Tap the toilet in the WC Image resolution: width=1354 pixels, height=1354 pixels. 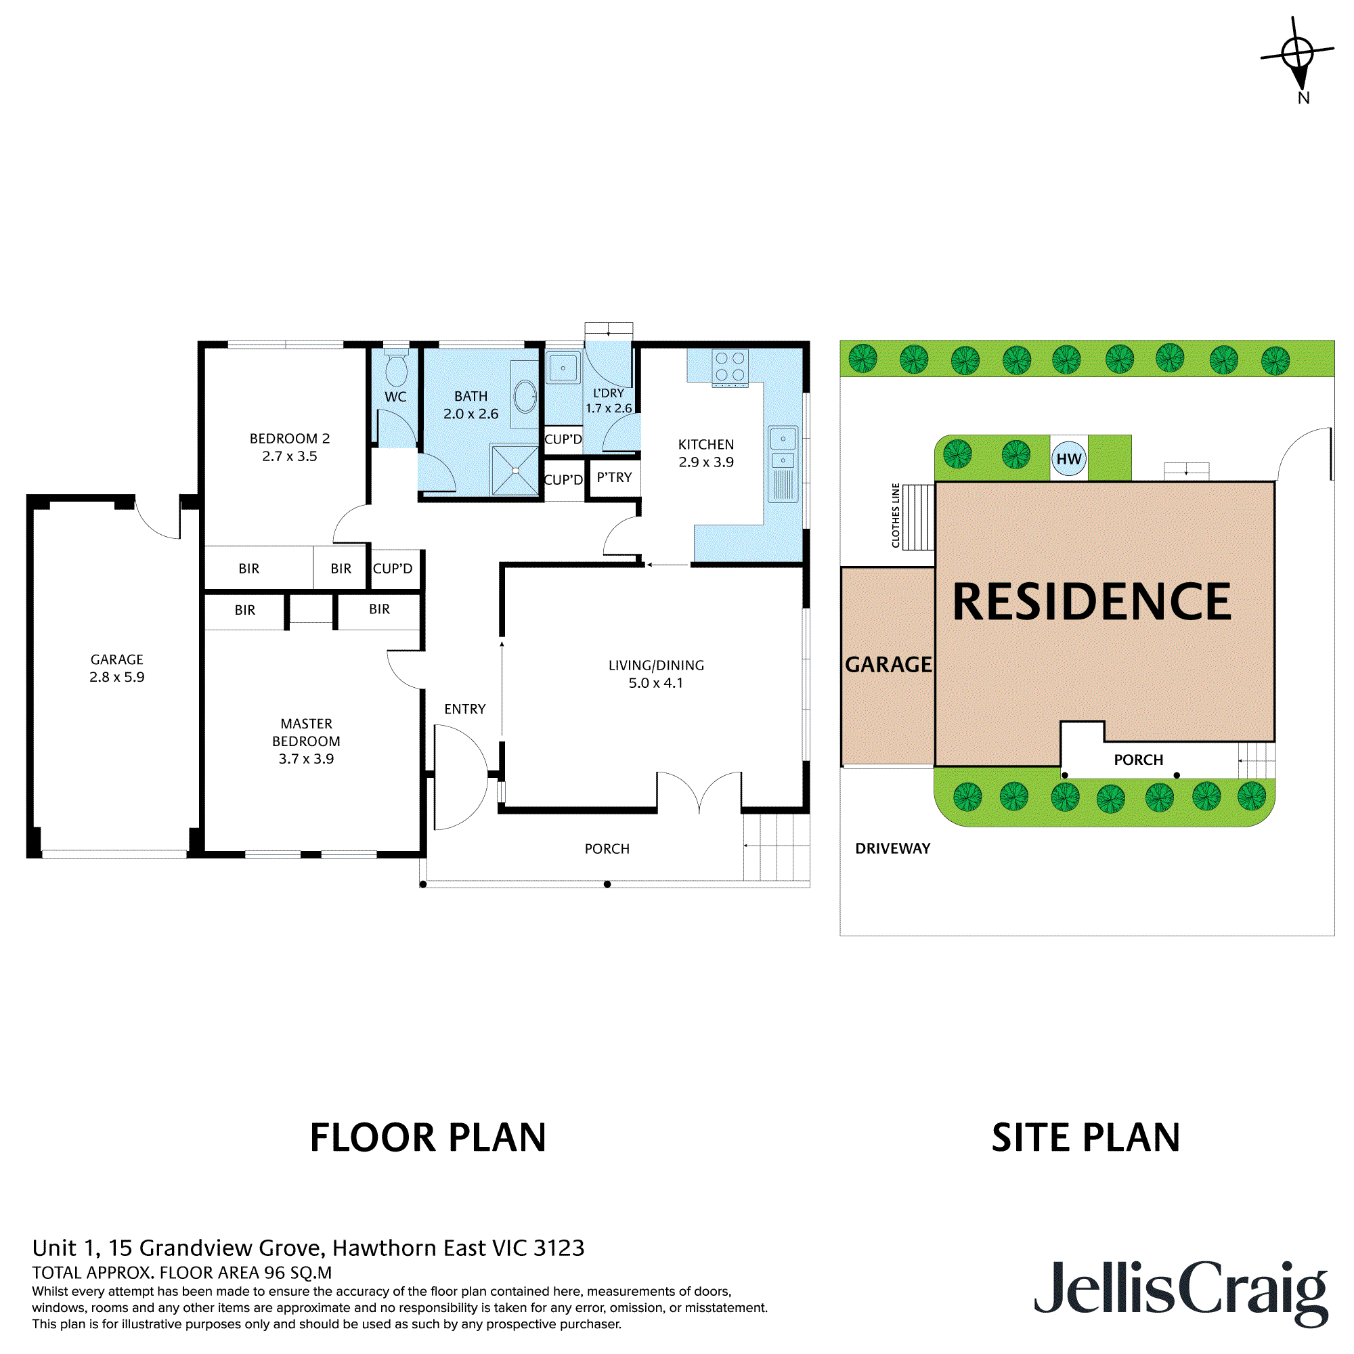[x=396, y=368]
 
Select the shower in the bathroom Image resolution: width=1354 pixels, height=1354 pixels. [x=515, y=471]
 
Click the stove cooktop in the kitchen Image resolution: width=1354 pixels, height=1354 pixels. [x=730, y=367]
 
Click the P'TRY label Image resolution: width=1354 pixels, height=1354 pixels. [x=614, y=477]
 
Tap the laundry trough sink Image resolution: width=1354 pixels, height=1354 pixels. [x=563, y=368]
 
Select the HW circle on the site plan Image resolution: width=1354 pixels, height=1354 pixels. [x=1069, y=459]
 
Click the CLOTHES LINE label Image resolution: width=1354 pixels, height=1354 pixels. [x=896, y=515]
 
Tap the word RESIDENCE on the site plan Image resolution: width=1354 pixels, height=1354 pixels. [x=1091, y=602]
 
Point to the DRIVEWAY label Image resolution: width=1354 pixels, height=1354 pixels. [x=892, y=848]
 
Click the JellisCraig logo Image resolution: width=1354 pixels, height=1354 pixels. [x=1181, y=1290]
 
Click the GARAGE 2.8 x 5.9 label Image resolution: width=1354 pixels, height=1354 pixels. [x=116, y=668]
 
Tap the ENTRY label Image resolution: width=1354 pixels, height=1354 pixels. [x=464, y=709]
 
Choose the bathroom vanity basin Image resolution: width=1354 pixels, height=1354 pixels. [x=525, y=397]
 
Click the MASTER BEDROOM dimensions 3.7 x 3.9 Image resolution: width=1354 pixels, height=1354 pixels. [x=306, y=758]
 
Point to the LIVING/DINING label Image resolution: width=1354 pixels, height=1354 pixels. [x=656, y=665]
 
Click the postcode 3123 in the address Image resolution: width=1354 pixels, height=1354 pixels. [x=559, y=1248]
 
